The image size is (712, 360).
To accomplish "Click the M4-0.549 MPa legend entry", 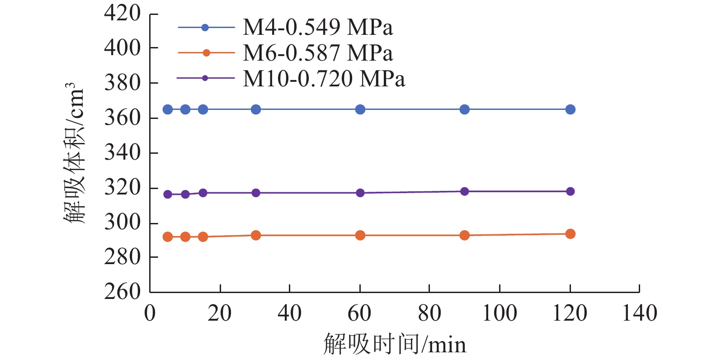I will (x=317, y=28).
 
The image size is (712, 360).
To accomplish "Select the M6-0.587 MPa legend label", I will (x=317, y=53).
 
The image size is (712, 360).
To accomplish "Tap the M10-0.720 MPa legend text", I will (x=324, y=79).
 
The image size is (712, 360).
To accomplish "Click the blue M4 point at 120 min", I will (x=570, y=109).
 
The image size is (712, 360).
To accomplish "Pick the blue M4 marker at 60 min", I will (x=360, y=109).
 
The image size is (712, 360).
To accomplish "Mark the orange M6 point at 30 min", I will (x=256, y=235).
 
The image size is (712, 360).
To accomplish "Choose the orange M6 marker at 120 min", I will (x=570, y=234).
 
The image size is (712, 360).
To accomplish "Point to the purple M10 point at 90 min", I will (x=464, y=191).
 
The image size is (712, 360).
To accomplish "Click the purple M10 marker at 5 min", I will (x=168, y=194).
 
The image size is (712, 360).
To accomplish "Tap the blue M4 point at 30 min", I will (x=256, y=109).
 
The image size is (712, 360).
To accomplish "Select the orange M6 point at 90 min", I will (x=464, y=235).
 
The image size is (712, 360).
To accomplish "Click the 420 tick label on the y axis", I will (x=123, y=13).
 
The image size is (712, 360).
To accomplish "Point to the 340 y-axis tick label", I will (x=123, y=152).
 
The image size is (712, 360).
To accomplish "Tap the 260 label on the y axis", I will (x=123, y=292).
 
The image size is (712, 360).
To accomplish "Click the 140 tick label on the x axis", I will (x=640, y=313).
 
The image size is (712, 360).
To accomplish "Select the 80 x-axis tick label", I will (x=429, y=313).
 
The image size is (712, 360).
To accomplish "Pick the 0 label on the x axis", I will (x=150, y=313).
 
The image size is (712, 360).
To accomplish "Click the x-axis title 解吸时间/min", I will (x=395, y=345).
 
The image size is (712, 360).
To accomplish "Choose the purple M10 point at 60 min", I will (x=360, y=193).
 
